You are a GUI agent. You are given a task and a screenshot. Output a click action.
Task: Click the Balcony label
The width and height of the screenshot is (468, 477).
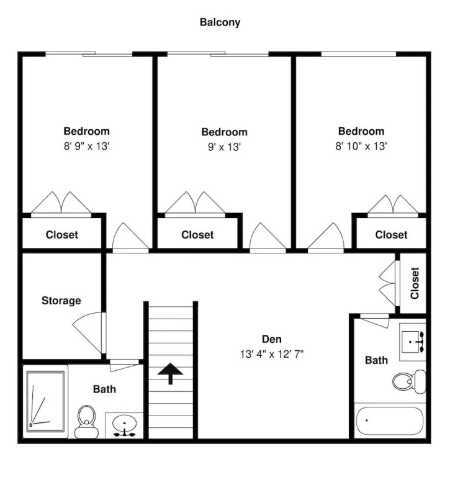coord(220,22)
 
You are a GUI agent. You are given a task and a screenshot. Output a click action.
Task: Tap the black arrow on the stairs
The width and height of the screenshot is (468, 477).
coord(170,373)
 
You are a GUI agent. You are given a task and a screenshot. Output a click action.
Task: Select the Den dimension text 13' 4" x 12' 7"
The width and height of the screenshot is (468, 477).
coord(272,354)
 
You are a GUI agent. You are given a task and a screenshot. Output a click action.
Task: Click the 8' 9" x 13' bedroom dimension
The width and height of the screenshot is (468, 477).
coord(86,147)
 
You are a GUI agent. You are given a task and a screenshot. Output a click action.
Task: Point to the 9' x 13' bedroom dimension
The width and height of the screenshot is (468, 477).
coord(225,147)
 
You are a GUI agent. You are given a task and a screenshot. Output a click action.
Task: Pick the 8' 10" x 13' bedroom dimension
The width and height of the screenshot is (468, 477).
coord(361,147)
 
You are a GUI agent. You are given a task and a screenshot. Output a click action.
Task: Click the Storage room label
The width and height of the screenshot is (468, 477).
coord(61,301)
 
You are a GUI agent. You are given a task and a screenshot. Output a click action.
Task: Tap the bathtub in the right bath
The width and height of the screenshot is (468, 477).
coord(390,420)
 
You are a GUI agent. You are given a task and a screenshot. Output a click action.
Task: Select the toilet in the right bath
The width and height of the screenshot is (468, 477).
coord(409,381)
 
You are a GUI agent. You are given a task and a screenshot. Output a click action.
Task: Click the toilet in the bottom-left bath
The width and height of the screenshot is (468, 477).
coord(87,422)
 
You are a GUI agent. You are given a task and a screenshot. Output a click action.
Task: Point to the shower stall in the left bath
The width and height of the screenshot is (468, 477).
coord(45,402)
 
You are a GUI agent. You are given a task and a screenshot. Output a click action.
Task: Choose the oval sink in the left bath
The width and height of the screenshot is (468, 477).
coord(124,424)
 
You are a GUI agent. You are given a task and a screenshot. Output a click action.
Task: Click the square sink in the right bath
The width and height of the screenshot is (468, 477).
coord(412,342)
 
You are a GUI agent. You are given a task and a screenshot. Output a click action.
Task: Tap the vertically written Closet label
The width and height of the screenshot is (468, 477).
coord(415,283)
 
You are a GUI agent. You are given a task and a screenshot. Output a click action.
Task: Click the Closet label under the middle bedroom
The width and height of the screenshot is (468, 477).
coord(197,235)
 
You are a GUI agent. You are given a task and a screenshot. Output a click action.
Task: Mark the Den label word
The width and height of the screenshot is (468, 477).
coord(272,339)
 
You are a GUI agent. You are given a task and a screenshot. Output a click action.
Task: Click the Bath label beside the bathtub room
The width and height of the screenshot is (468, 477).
coord(376,360)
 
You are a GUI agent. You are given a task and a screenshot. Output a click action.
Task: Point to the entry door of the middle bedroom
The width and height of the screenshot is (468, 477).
coord(268,237)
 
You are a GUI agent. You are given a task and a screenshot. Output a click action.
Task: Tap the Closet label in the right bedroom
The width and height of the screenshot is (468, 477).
coord(391,235)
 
